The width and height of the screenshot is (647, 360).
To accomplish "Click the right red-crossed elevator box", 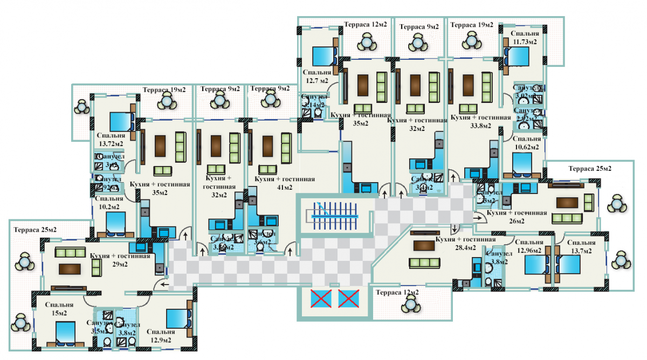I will [x=348, y=298].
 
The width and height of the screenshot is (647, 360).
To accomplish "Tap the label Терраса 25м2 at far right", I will [x=590, y=168].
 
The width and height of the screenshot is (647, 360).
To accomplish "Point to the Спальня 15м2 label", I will [x=59, y=309].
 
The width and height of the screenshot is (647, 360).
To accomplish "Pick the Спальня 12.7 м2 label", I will [x=316, y=77].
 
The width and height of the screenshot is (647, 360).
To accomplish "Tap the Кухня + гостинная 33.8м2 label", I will [x=480, y=121].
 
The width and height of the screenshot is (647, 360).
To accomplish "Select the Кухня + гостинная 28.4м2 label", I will [x=465, y=243].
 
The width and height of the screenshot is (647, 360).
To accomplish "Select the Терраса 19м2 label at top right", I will [x=472, y=25].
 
